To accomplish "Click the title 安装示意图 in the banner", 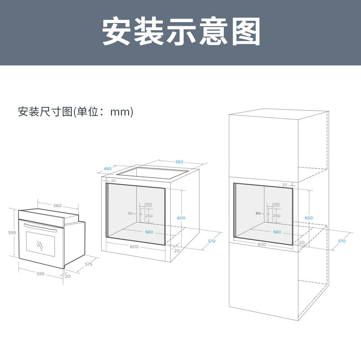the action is pyautogui.click(x=181, y=32).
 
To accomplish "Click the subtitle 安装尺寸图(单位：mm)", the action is pyautogui.click(x=76, y=112).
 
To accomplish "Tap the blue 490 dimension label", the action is pyautogui.click(x=107, y=169).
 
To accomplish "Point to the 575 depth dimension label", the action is pyautogui.click(x=88, y=264).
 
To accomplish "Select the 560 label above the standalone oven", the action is pyautogui.click(x=57, y=206).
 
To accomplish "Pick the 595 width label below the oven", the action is pyautogui.click(x=40, y=274).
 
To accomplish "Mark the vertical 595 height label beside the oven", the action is pyautogui.click(x=12, y=233).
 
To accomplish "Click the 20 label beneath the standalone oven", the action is pyautogui.click(x=68, y=276).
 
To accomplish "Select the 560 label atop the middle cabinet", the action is pyautogui.click(x=179, y=162).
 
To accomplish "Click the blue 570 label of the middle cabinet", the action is pyautogui.click(x=212, y=241).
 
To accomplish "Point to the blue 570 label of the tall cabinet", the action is pyautogui.click(x=342, y=241).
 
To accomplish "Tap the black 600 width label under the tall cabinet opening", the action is pyautogui.click(x=262, y=245).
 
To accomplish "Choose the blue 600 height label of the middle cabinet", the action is pyautogui.click(x=181, y=218).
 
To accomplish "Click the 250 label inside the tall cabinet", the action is pyautogui.click(x=277, y=216).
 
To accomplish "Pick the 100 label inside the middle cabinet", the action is pyautogui.click(x=149, y=204).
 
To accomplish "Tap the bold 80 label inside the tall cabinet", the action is pyautogui.click(x=259, y=213).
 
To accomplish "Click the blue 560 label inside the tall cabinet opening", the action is pyautogui.click(x=277, y=232).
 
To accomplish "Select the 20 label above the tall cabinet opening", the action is pyautogui.click(x=284, y=185).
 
